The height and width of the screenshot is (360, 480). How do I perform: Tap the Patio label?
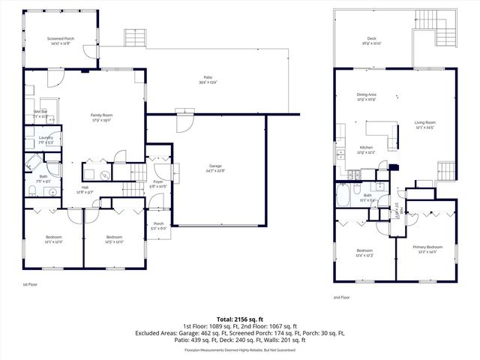pos(208,78)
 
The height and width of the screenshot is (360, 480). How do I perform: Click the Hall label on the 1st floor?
pos(85,190)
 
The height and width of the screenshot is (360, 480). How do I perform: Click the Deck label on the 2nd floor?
pos(371,39)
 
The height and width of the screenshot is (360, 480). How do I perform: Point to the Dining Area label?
pos(367,96)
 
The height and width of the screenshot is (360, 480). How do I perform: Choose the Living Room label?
pos(425,124)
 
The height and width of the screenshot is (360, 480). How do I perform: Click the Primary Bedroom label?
pos(427,248)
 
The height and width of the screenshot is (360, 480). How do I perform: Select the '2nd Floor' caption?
pos(342,298)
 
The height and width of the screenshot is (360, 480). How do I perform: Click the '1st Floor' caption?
pos(29,285)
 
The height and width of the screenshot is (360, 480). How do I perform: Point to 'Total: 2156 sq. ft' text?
pos(239,319)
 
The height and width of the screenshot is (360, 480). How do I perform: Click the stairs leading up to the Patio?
pos(134,37)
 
